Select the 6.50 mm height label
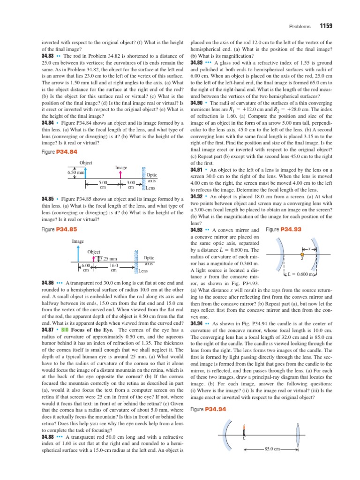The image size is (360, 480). pyautogui.click(x=75, y=172)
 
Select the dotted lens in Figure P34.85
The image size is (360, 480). pyautogui.click(x=135, y=261)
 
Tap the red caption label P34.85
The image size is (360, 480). pyautogui.click(x=66, y=229)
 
